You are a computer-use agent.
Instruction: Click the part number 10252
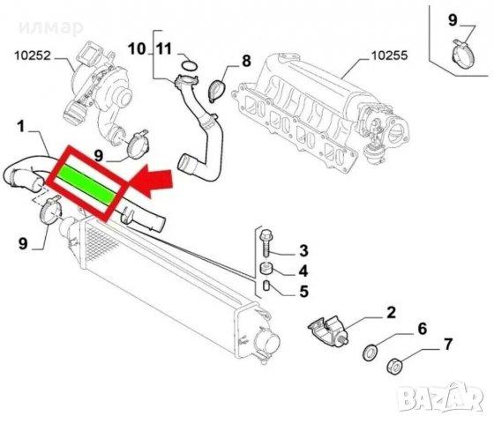[33, 61]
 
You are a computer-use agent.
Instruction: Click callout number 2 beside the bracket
[389, 312]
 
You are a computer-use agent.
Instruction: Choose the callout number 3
[303, 250]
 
